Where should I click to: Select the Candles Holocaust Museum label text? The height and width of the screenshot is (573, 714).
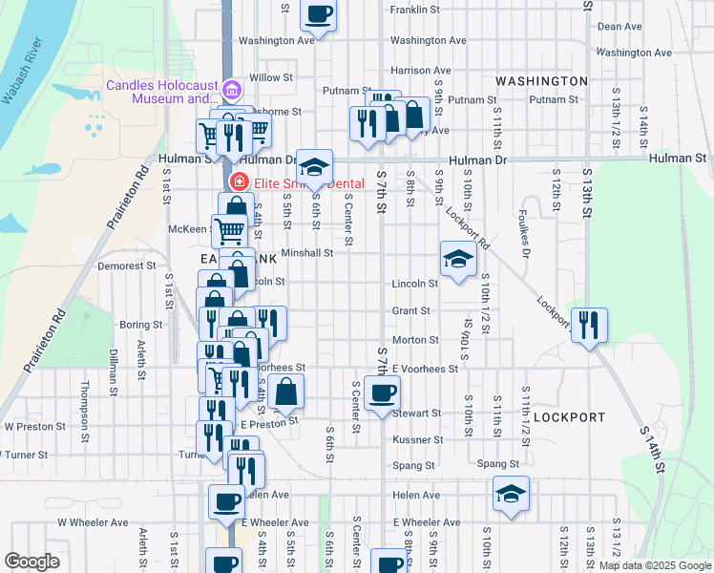pyautogui.click(x=162, y=92)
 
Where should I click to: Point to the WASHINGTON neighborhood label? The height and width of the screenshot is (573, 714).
pyautogui.click(x=542, y=81)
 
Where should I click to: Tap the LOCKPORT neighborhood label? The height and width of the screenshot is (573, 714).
pyautogui.click(x=569, y=417)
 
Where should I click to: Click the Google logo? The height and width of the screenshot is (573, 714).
pyautogui.click(x=31, y=562)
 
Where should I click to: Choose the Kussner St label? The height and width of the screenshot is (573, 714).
pyautogui.click(x=415, y=440)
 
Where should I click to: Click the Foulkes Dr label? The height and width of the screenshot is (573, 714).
pyautogui.click(x=524, y=233)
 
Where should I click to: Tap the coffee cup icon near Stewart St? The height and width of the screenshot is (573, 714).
pyautogui.click(x=382, y=393)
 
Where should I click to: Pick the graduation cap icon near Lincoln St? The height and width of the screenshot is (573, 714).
pyautogui.click(x=458, y=258)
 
